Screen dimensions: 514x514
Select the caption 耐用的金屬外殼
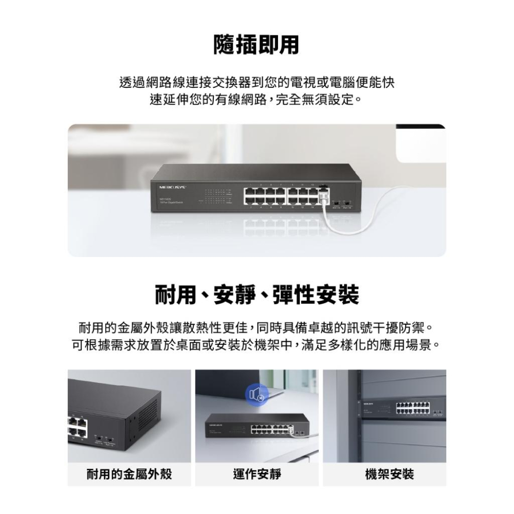(x=129, y=474)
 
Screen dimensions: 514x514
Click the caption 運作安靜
(x=257, y=474)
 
